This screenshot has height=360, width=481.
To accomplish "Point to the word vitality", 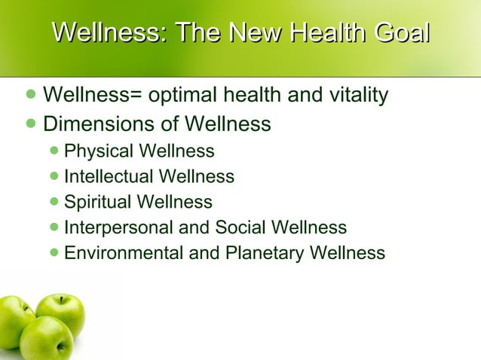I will [x=351, y=96].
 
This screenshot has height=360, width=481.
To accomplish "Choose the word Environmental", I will [x=124, y=253].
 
